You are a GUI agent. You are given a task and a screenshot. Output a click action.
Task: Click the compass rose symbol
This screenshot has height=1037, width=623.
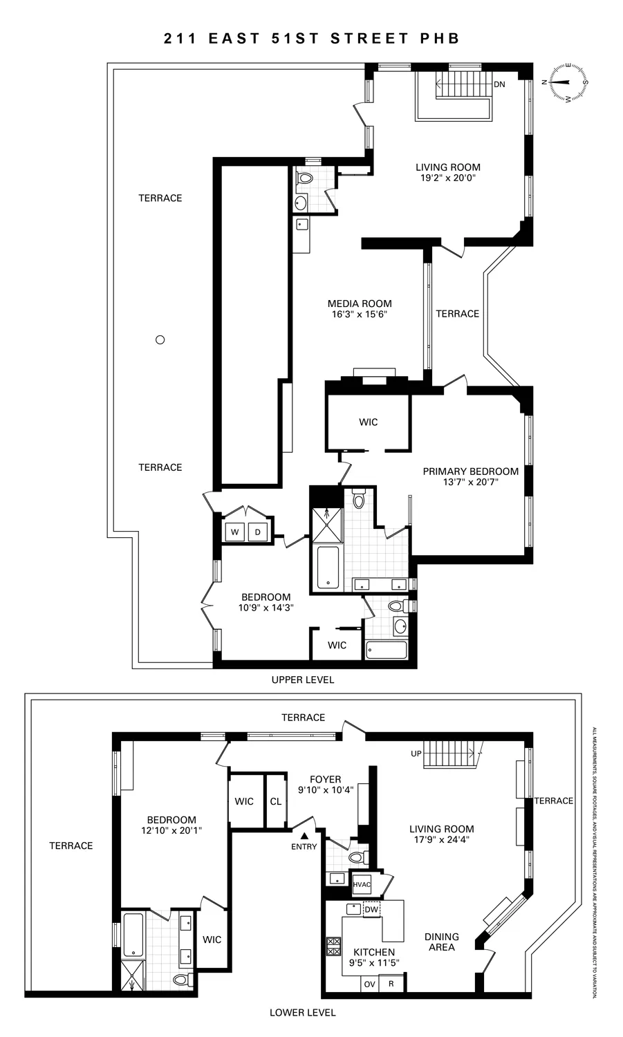click(x=568, y=82)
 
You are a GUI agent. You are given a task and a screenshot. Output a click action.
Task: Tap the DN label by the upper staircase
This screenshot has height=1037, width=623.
click(x=499, y=84)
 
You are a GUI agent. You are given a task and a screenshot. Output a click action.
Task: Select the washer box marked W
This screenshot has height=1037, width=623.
click(x=234, y=532)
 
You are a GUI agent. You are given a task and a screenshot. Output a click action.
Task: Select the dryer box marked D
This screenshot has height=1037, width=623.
click(x=258, y=532)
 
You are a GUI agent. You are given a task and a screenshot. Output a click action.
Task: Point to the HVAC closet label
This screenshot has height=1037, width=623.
click(x=362, y=884)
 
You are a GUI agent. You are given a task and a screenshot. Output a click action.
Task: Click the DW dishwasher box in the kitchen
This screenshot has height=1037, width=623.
click(x=371, y=909)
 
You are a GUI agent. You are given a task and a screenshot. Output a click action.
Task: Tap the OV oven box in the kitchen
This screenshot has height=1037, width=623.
click(x=369, y=983)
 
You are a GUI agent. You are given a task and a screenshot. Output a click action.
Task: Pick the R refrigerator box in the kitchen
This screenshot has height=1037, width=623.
click(x=391, y=983)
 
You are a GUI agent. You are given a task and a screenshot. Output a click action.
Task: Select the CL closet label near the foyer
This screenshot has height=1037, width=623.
click(x=276, y=801)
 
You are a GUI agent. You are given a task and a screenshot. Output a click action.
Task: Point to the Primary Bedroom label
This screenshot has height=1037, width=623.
click(x=470, y=471)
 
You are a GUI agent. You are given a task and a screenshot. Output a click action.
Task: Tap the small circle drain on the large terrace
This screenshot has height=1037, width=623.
click(x=160, y=339)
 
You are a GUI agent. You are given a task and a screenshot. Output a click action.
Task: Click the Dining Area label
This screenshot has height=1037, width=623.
click(x=441, y=942)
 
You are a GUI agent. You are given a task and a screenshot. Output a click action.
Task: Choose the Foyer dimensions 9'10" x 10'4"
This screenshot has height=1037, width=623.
click(x=326, y=790)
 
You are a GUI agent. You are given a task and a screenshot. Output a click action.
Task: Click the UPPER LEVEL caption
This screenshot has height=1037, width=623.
click(x=302, y=680)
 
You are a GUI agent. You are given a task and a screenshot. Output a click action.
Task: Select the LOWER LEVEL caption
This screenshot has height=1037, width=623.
click(x=302, y=1012)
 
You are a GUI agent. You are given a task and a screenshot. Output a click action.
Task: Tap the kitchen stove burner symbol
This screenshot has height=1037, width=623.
click(x=334, y=945)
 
